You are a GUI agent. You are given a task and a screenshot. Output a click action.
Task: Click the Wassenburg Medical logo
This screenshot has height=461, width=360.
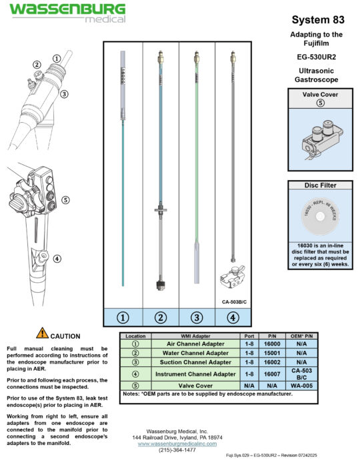[x=66, y=13]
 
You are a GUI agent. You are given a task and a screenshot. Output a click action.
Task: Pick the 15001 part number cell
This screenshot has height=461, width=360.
[x=271, y=352]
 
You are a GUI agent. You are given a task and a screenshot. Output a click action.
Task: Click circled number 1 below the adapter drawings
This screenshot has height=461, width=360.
[x=125, y=318]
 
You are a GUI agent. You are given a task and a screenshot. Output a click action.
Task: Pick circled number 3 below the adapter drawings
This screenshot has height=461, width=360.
[x=196, y=318]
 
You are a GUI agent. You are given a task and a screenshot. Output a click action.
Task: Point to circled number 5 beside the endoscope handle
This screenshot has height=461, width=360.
[x=65, y=199]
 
